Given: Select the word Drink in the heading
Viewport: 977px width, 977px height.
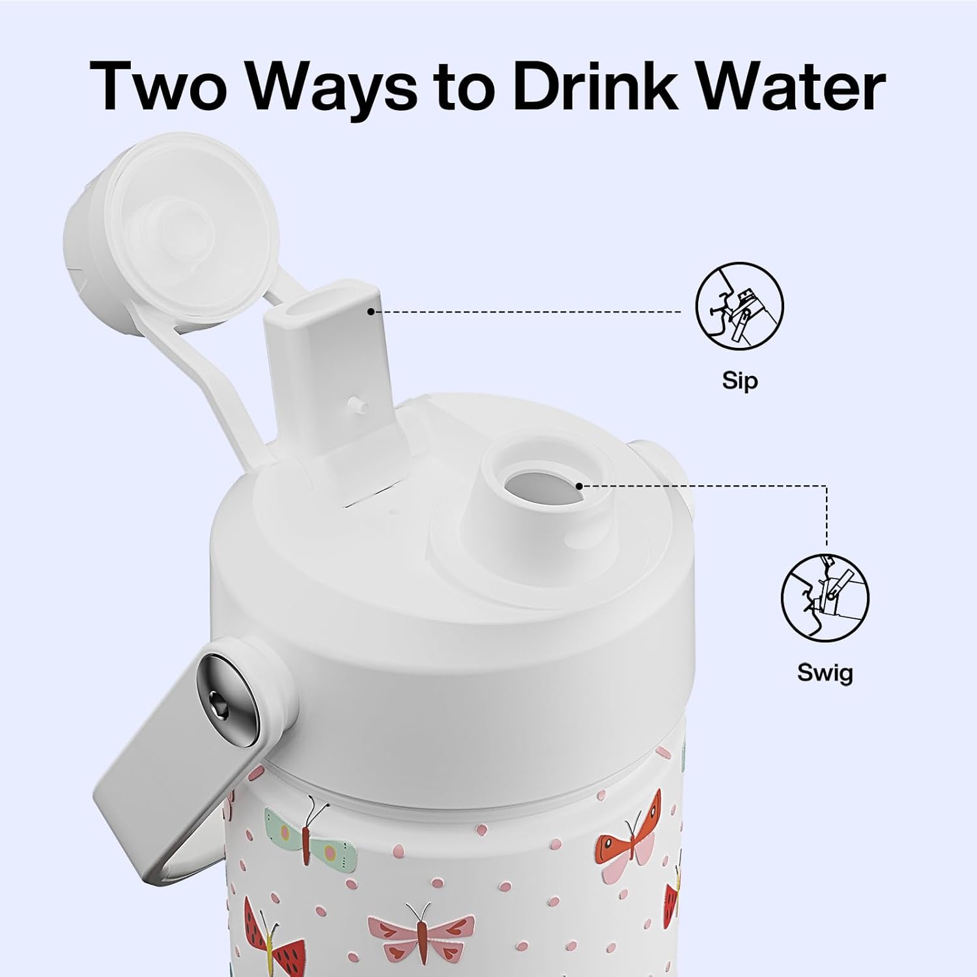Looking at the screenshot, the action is [599, 85].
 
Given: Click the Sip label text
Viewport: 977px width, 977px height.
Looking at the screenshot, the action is [740, 380].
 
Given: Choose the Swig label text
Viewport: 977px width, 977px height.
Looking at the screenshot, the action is [825, 672].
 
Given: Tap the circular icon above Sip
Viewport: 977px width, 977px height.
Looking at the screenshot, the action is [740, 306].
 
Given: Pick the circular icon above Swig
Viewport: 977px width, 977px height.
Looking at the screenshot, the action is [825, 598].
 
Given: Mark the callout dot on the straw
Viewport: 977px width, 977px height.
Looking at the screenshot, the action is [370, 312].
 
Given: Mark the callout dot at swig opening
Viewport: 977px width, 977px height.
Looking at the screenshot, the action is [579, 485].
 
